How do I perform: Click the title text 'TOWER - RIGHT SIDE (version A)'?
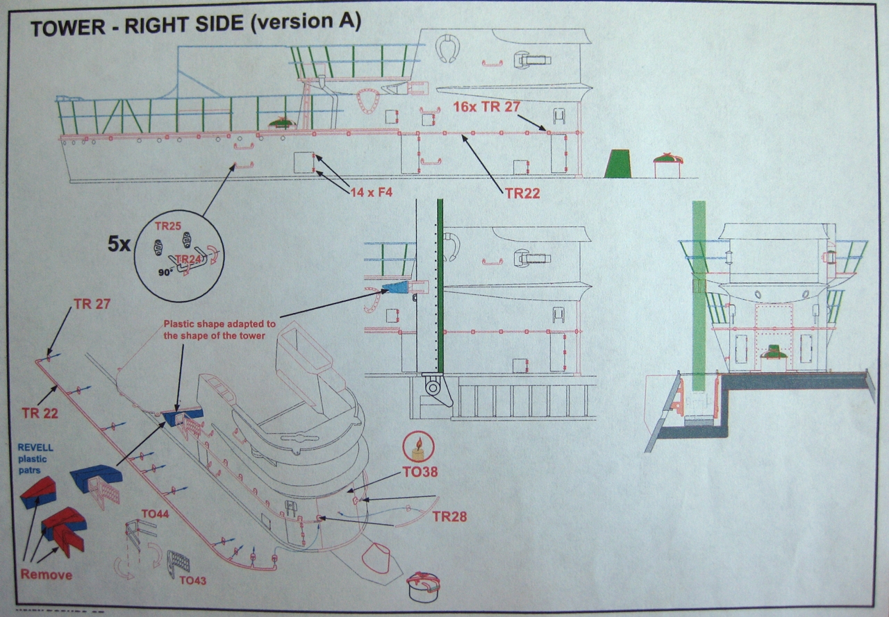[x=196, y=24]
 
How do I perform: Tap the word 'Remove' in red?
[x=46, y=575]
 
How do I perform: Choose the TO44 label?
[x=156, y=514]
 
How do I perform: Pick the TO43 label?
[x=192, y=580]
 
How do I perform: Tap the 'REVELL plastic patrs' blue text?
[x=35, y=458]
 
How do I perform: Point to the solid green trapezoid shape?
[x=617, y=164]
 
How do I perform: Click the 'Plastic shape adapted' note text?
[x=219, y=329]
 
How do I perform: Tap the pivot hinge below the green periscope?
[x=434, y=387]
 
